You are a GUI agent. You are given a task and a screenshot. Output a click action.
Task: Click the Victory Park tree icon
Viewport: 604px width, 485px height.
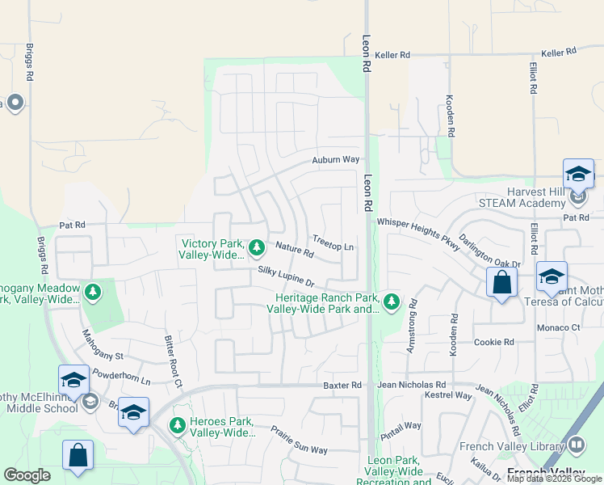point(257,247)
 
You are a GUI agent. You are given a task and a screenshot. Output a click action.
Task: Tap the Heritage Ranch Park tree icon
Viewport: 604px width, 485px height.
point(392,302)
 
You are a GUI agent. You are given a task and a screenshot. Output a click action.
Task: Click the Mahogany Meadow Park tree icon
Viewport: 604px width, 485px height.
point(93,291)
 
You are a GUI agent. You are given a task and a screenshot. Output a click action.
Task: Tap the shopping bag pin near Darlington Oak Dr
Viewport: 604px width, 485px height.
point(501,283)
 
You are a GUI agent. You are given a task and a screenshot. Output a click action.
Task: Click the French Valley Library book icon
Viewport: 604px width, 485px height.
point(577,444)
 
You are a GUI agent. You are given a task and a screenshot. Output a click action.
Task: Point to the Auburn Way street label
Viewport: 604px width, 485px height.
point(336,160)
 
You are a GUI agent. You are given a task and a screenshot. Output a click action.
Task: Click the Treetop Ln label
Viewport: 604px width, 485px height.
point(333,246)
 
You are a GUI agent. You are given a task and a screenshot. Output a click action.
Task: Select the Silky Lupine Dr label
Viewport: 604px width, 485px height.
point(287,276)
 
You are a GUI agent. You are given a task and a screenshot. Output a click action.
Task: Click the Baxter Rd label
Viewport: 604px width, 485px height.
point(342,386)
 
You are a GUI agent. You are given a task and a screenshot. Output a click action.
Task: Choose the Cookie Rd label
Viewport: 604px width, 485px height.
point(494,342)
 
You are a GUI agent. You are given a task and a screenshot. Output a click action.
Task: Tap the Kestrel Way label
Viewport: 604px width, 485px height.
point(451,396)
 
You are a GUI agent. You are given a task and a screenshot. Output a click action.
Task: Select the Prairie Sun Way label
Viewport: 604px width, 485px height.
point(299,439)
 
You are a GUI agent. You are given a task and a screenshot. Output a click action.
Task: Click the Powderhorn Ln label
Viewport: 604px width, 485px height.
point(122,377)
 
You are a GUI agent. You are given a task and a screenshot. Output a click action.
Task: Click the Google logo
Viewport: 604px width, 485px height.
point(27,475)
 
